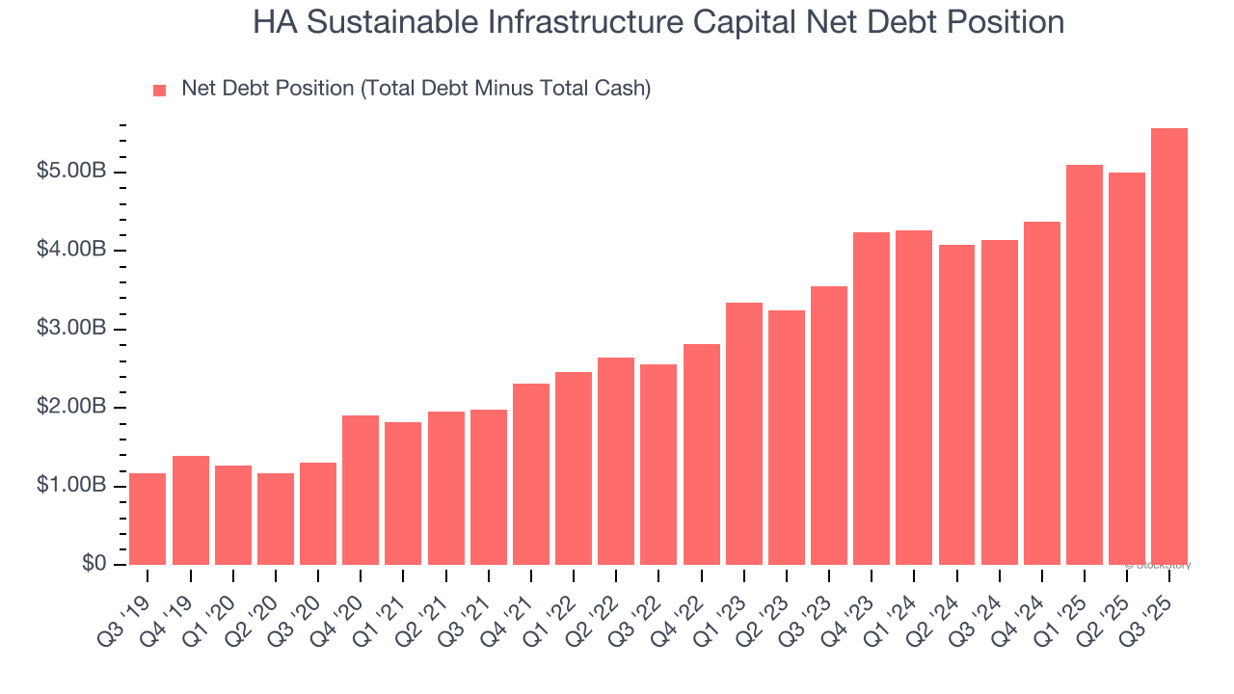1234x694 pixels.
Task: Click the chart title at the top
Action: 658,22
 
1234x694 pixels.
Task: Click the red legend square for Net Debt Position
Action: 160,90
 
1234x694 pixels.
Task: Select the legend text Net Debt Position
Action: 416,89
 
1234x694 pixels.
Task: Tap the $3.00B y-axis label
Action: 71,330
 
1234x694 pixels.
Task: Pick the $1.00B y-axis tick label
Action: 71,486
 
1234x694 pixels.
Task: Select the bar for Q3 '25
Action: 1168,347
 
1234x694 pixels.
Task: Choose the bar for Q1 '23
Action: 743,434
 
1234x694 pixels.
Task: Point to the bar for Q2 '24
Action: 956,405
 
